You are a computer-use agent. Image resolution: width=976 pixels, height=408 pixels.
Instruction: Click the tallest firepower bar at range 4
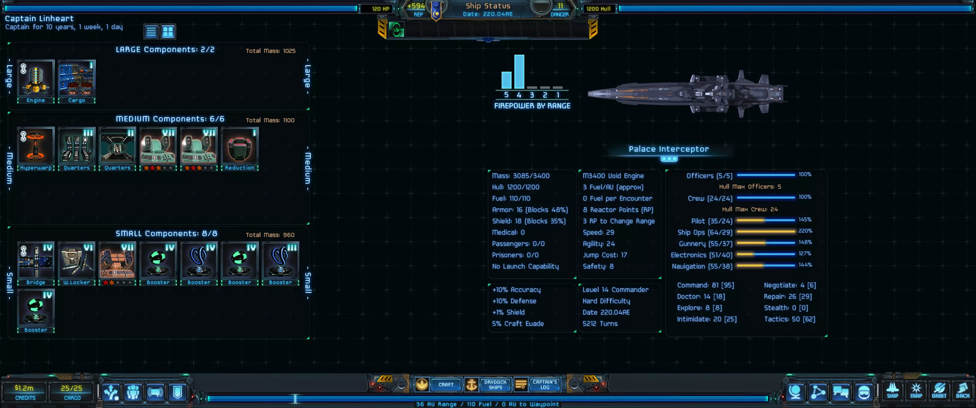pos(519,72)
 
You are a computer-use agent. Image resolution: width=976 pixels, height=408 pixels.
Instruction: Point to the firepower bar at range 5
pos(506,80)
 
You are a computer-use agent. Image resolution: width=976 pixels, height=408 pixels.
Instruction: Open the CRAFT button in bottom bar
pos(445,384)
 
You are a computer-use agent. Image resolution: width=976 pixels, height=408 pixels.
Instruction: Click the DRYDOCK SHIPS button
pos(495,384)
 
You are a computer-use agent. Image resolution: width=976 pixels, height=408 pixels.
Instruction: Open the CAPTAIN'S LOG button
pos(544,384)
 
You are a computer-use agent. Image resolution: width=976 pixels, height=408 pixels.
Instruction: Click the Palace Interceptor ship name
pos(668,149)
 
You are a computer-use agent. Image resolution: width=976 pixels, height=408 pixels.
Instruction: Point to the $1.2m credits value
pos(24,388)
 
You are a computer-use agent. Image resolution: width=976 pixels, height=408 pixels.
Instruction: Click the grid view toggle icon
pos(168,31)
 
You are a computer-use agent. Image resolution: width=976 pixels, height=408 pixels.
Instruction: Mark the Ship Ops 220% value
pos(805,231)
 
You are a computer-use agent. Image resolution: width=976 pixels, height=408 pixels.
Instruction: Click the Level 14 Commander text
pos(615,290)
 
